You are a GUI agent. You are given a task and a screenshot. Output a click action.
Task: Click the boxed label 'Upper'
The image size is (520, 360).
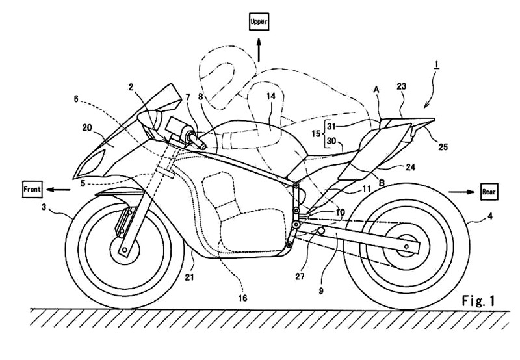coord(259,22)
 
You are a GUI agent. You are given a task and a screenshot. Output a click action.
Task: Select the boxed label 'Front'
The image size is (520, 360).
coord(32,189)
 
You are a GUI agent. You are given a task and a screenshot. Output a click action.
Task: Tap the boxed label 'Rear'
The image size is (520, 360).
coord(489,192)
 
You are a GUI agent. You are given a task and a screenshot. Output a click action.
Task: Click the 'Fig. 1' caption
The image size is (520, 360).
coord(478,301)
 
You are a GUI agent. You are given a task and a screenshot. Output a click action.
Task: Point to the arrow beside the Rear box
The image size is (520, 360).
coord(461,192)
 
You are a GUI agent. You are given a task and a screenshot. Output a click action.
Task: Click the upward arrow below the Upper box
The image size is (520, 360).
coord(259,50)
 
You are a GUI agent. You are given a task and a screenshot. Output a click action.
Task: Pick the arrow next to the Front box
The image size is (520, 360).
coord(58,190)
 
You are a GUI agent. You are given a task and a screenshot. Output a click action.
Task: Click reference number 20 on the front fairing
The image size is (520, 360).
coord(87,127)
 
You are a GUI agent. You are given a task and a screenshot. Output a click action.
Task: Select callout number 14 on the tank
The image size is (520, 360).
coord(270,96)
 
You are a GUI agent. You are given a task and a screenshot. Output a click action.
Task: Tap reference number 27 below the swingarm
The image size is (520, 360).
coord(300,276)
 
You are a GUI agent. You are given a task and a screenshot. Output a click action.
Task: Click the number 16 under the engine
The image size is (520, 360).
coord(242,298)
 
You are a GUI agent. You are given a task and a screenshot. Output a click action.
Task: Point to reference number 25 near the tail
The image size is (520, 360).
coord(443,146)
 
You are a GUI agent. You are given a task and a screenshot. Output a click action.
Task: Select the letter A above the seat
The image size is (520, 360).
coord(376,90)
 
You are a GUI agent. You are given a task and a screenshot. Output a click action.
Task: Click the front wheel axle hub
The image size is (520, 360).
coord(124,250)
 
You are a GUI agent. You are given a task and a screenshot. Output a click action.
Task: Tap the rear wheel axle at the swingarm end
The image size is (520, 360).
coord(406,246)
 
